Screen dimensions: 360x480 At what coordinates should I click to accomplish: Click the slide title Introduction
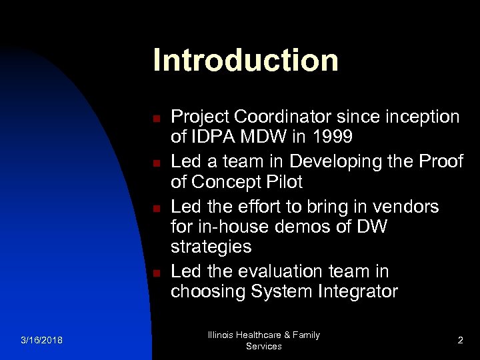[x=245, y=60]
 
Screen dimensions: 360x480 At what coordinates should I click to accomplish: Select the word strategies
[x=211, y=247]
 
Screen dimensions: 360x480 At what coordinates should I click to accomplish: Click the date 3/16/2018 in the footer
[x=41, y=341]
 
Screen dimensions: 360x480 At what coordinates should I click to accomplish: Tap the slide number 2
[x=460, y=341]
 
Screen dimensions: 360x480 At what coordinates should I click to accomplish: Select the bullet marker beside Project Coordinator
[x=154, y=119]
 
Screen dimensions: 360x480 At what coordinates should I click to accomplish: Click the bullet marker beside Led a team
[x=154, y=162]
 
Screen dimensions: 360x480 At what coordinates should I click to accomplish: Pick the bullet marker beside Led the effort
[x=154, y=208]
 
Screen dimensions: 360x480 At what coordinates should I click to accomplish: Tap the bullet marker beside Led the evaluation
[x=154, y=273]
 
